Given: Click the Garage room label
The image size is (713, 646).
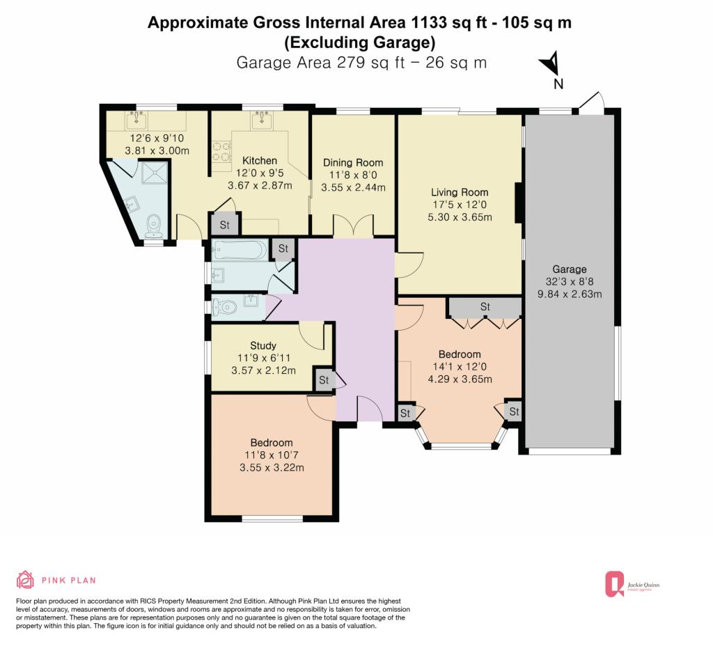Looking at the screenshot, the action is click(x=570, y=269).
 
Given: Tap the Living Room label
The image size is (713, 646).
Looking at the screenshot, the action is click(x=460, y=192).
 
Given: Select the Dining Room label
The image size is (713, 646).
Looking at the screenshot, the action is click(x=353, y=163).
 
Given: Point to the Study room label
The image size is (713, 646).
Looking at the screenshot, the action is click(x=263, y=345).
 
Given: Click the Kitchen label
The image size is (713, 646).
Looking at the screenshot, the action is click(x=260, y=161).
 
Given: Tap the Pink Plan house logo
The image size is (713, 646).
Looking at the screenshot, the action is click(x=26, y=580).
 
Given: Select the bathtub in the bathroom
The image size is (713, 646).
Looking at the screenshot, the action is click(x=240, y=250).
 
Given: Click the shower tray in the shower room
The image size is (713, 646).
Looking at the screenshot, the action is click(x=154, y=173).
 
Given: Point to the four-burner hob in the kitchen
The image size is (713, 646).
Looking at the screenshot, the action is click(x=221, y=151).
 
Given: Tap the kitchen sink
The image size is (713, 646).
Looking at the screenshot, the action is click(x=262, y=120).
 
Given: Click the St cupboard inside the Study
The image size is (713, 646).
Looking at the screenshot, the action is click(x=324, y=379).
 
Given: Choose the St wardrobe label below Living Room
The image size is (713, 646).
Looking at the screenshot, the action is click(x=485, y=307).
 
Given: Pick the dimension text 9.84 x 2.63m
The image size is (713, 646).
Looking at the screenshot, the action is click(x=570, y=294).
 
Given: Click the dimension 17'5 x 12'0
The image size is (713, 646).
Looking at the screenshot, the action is click(x=460, y=205).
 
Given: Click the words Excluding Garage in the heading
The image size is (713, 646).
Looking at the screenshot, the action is click(x=360, y=42).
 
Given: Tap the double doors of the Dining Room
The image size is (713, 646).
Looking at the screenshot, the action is click(x=354, y=226).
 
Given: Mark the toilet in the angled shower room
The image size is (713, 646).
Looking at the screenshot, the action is click(x=154, y=226).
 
